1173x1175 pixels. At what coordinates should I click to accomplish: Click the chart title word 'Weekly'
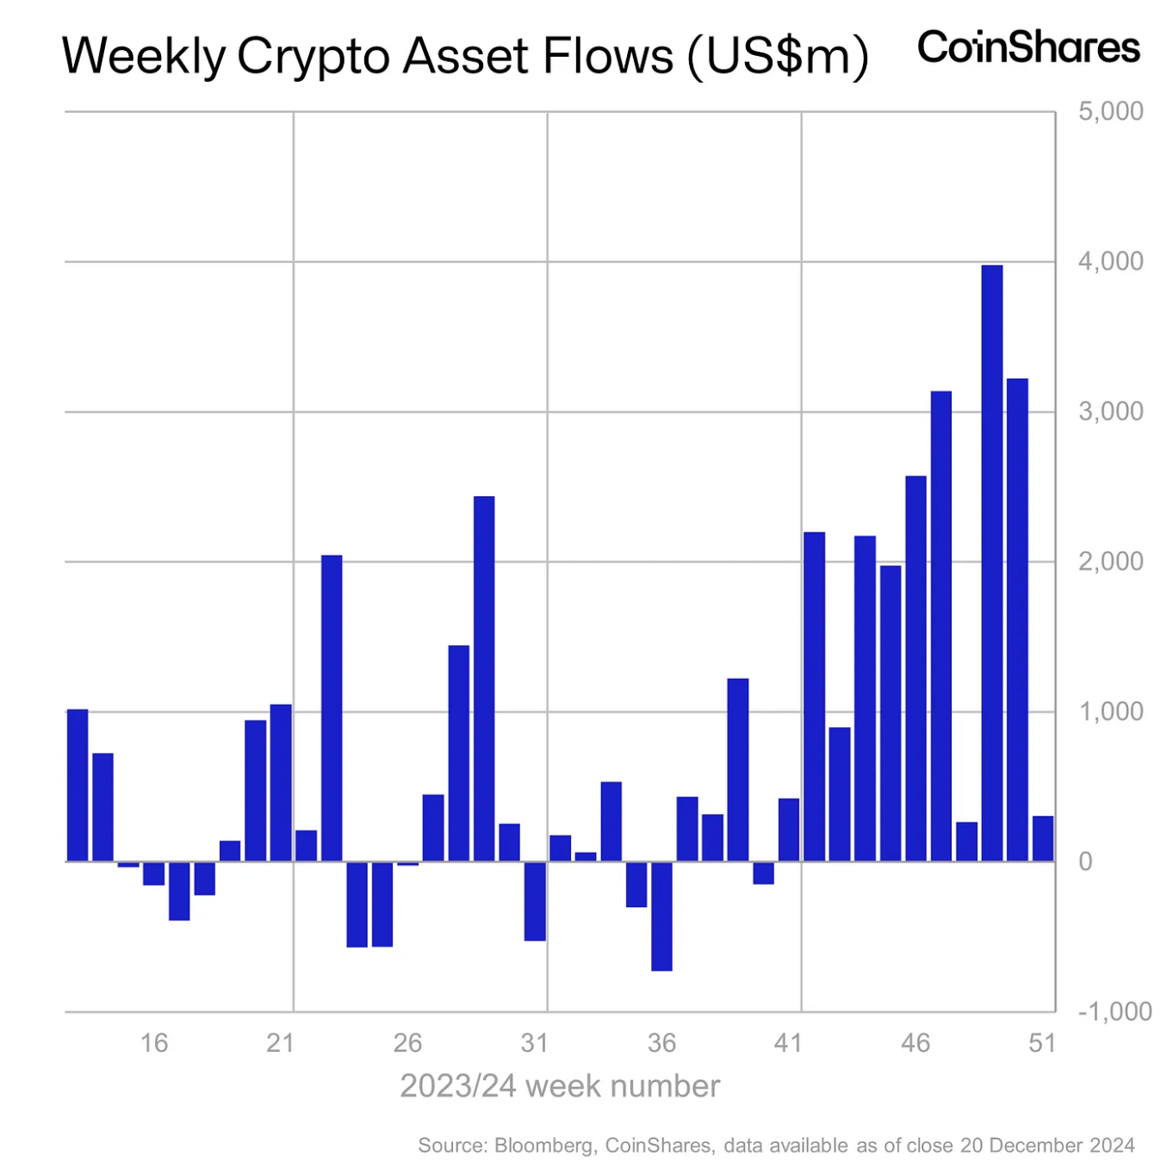click(x=143, y=57)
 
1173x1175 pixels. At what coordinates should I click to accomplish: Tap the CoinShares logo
click(x=1028, y=47)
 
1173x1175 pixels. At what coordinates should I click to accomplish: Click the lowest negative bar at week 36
click(x=661, y=916)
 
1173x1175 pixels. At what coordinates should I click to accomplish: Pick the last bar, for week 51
click(x=1043, y=838)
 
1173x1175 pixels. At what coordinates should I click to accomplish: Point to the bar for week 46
click(x=915, y=668)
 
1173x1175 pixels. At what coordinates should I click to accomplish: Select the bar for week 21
click(x=281, y=782)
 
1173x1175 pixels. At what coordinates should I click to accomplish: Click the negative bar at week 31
click(x=535, y=901)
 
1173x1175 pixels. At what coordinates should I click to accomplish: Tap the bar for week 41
click(x=789, y=829)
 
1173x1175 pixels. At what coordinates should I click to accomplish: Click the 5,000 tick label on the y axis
click(x=1110, y=112)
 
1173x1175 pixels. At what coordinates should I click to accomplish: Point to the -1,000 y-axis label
click(x=1114, y=1011)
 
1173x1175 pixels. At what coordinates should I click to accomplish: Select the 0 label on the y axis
click(x=1085, y=861)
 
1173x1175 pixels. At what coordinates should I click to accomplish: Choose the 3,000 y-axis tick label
click(x=1110, y=412)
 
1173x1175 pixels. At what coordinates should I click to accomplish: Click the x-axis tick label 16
click(x=154, y=1043)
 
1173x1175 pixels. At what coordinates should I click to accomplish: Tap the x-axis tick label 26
click(x=407, y=1043)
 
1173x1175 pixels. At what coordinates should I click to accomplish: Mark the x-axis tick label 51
click(x=1042, y=1043)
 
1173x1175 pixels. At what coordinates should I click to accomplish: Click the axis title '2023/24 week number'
click(x=560, y=1086)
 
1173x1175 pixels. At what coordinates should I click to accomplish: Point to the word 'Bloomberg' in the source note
click(x=543, y=1146)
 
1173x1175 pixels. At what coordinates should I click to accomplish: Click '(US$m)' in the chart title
click(x=778, y=57)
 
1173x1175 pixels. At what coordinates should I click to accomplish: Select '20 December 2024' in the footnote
click(x=1047, y=1146)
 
